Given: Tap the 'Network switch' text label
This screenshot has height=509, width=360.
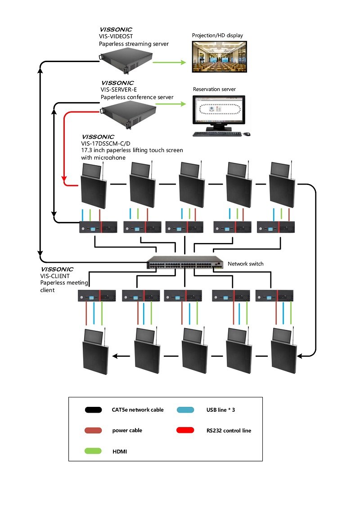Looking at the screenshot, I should tap(245, 264).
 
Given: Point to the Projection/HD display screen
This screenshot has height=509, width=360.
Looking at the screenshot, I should tap(219, 56).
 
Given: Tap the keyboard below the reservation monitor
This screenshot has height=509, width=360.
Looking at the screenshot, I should tap(214, 134).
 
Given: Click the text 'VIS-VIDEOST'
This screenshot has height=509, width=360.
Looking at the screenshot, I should tap(117, 36).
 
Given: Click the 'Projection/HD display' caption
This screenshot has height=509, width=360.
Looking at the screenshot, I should tap(217, 35).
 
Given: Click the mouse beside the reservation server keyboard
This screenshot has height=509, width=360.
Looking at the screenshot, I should tap(247, 134).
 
